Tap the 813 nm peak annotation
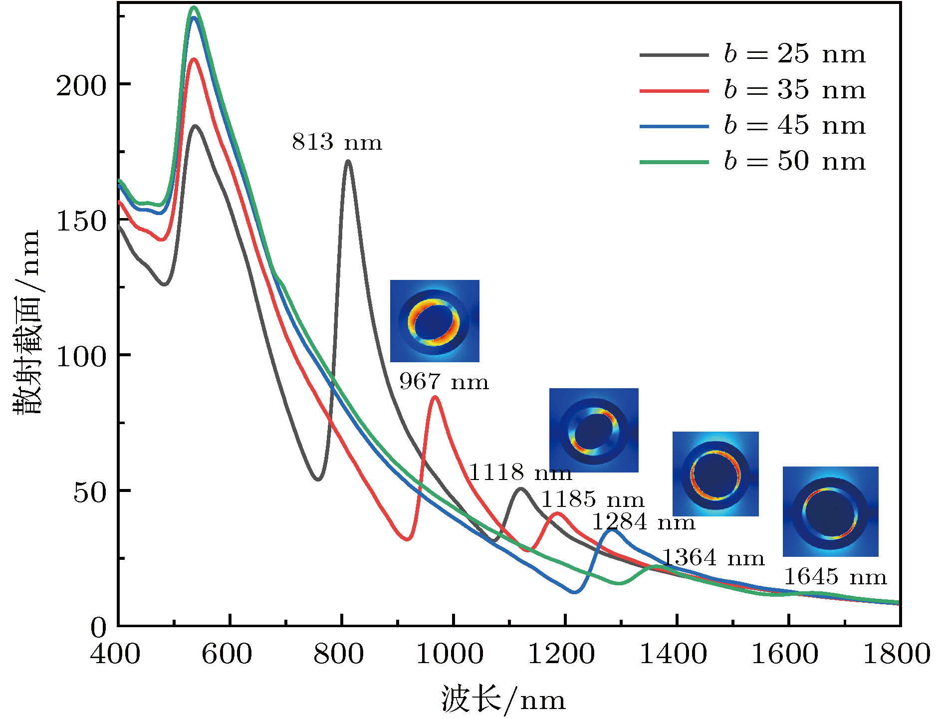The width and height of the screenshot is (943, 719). (337, 142)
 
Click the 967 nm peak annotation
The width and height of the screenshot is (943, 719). (444, 382)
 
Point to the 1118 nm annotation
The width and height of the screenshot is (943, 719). (520, 472)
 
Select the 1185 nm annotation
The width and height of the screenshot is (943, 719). (592, 499)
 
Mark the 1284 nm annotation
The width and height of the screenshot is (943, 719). (643, 522)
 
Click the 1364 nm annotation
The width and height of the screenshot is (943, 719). (713, 557)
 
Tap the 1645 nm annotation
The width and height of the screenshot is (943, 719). (836, 577)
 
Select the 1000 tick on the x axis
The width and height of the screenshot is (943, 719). (450, 654)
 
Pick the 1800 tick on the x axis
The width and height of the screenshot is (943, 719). (897, 654)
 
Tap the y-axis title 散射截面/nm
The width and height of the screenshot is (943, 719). (26, 322)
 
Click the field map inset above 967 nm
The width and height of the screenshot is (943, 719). (435, 321)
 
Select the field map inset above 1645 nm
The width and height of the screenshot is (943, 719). (830, 511)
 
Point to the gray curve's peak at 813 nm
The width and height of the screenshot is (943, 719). (348, 161)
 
